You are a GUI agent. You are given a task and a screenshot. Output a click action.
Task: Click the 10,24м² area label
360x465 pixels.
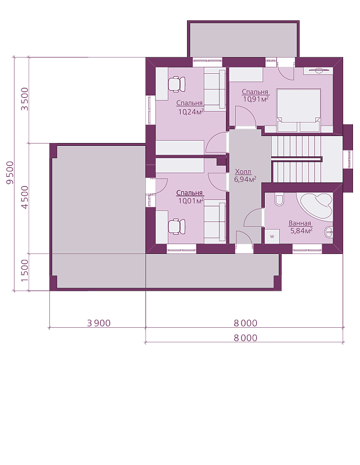tap(191, 112)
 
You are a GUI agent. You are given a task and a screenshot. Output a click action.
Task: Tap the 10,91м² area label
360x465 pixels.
tap(256, 99)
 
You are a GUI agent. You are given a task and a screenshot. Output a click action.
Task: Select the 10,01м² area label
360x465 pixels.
tap(191, 201)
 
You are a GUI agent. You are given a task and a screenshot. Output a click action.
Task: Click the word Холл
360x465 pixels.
tap(243, 171)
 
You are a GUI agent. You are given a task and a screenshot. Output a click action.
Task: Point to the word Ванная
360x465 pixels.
tap(300, 223)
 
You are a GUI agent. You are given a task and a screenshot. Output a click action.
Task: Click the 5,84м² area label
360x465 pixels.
tap(301, 231)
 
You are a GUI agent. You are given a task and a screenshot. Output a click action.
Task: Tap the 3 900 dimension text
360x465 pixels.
tap(99, 323)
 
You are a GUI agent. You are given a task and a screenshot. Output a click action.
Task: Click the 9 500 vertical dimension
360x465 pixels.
tap(10, 173)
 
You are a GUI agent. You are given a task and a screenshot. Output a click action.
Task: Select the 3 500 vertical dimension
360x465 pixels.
tap(25, 99)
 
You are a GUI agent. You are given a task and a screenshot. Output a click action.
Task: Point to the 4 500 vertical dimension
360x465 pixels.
tap(25, 197)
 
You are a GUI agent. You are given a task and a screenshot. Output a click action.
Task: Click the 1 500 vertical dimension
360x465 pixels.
tap(25, 271)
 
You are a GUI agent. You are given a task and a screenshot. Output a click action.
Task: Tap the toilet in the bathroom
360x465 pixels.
tap(279, 200)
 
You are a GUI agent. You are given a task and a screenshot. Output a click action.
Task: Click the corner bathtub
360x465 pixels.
tap(316, 206)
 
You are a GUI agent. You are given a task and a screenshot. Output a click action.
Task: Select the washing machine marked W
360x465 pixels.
tap(272, 237)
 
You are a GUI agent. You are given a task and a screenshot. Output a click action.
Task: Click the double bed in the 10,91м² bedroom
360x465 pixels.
tap(298, 110)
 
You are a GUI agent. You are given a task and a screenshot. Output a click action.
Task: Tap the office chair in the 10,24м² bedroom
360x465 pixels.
tap(177, 84)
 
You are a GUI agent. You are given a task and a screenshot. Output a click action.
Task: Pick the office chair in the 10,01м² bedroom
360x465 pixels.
tap(177, 227)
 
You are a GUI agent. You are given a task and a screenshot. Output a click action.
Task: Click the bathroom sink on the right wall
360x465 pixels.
tap(329, 231)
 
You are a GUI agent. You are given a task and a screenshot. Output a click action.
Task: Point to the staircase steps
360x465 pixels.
tap(296, 159)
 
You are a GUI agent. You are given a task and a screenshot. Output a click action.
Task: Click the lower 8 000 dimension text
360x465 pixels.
tap(246, 338)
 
